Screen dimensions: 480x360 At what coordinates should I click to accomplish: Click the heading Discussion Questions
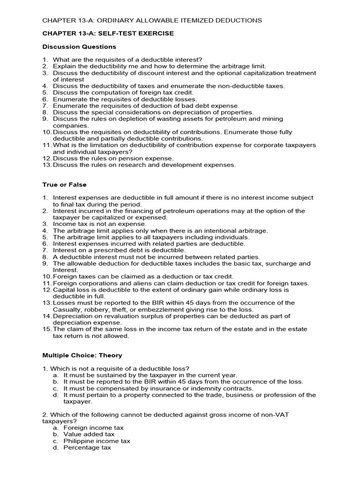pyautogui.click(x=79, y=47)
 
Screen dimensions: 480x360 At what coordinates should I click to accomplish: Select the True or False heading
pyautogui.click(x=64, y=185)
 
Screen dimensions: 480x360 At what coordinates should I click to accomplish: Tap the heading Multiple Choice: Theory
pyautogui.click(x=82, y=356)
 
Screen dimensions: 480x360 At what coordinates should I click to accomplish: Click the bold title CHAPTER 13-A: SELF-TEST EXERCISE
pyautogui.click(x=108, y=33)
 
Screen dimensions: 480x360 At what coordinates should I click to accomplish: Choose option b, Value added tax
pyautogui.click(x=89, y=434)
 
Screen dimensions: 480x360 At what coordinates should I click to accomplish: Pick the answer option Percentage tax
pyautogui.click(x=87, y=448)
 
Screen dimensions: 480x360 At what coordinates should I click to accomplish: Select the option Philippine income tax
pyautogui.click(x=97, y=441)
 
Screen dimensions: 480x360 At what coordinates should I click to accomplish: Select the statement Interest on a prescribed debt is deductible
pyautogui.click(x=119, y=250)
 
